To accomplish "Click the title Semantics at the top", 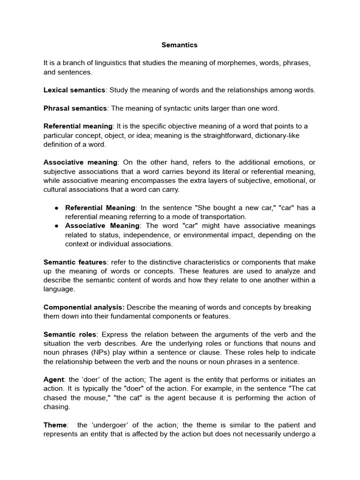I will point(180,45).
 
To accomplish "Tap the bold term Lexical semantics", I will point(74,90).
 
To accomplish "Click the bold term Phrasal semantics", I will point(75,108).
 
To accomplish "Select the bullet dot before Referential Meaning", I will point(56,208).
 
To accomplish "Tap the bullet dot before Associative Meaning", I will point(56,226).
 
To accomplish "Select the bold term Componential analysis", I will point(84,307).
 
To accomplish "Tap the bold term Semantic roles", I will point(69,335).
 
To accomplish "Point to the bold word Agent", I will point(53,380).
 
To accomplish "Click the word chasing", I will point(56,407).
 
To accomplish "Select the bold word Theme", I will point(55,425).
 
